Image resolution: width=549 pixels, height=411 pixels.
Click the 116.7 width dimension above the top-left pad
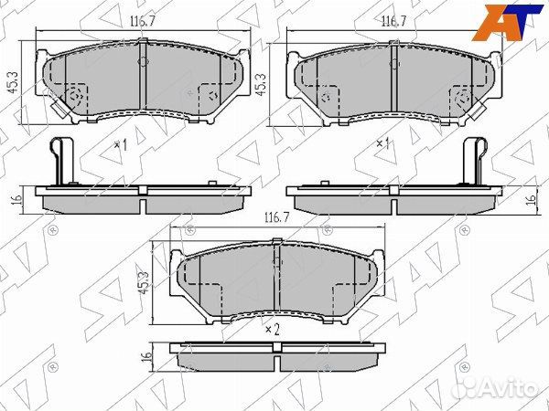click(143, 22)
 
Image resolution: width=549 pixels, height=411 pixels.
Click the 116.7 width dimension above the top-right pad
click(393, 22)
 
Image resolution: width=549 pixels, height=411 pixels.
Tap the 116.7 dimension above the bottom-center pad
click(276, 218)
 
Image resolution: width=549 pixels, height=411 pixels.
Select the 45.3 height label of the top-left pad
click(14, 83)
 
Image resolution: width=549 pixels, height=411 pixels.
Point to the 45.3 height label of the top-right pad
click(261, 85)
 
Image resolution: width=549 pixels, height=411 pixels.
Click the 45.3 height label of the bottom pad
click(145, 283)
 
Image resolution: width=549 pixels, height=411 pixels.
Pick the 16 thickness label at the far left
click(16, 199)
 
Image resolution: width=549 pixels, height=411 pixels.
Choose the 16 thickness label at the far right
click(531, 199)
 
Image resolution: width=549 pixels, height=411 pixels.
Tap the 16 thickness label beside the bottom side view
click(147, 356)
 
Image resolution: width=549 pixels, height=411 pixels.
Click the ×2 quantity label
click(273, 330)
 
